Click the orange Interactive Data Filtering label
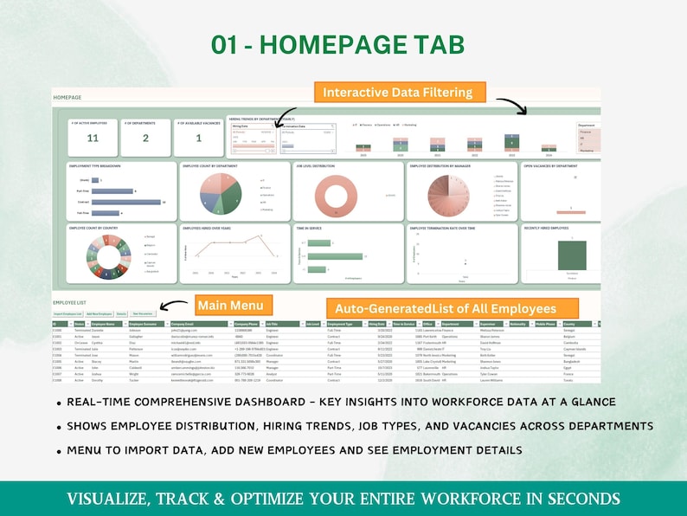coord(398,92)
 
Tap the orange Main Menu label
coord(234,305)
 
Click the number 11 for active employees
coord(93,139)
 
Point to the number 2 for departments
coord(144,139)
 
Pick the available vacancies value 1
coord(199,139)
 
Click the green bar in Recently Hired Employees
coord(571,255)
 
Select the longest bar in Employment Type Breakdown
coord(126,202)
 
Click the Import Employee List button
coord(68,313)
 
